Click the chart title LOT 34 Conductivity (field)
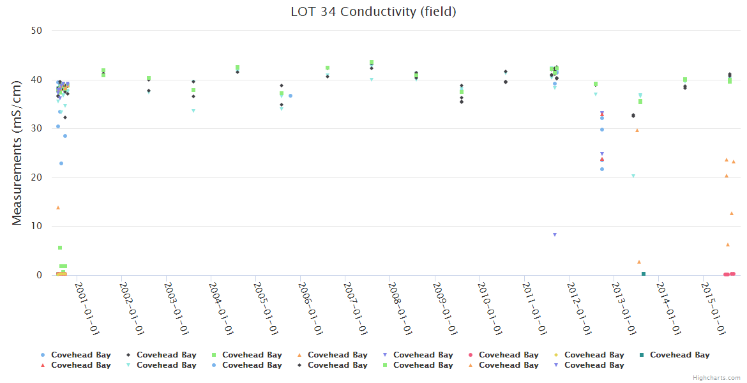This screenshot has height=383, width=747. (x=373, y=11)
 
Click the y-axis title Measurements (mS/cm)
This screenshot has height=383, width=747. (x=17, y=153)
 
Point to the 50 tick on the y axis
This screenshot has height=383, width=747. (x=37, y=31)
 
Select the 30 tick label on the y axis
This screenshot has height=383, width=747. (x=37, y=128)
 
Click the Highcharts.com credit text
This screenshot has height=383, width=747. (x=716, y=378)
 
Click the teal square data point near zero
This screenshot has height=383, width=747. (x=643, y=274)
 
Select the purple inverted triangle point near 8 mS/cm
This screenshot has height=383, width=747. (x=555, y=235)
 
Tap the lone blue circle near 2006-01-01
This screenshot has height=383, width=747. (x=290, y=96)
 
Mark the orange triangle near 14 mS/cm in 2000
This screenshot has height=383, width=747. (x=58, y=207)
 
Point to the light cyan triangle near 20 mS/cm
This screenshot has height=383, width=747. (x=633, y=176)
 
